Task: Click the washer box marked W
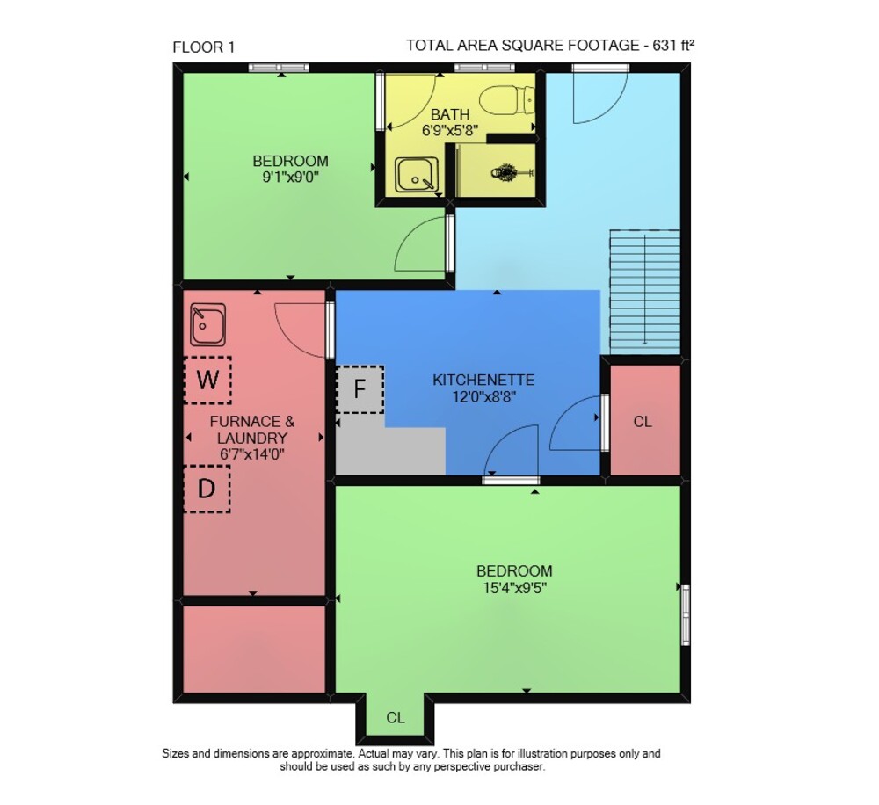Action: [208, 380]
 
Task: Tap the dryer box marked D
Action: [207, 489]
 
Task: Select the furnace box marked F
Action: [360, 389]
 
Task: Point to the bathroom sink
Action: [417, 175]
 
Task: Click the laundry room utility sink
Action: [208, 325]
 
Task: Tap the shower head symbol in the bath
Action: [507, 171]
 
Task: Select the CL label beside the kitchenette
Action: [643, 422]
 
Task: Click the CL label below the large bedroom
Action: [396, 717]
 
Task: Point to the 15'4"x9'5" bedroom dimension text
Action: [514, 588]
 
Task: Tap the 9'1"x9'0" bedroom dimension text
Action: [290, 178]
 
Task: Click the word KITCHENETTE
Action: [483, 380]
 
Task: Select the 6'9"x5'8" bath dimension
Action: [450, 131]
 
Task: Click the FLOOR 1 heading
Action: [204, 47]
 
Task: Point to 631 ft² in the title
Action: [673, 45]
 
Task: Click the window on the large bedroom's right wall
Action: [685, 614]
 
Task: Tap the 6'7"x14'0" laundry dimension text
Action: [251, 454]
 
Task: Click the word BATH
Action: [450, 114]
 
